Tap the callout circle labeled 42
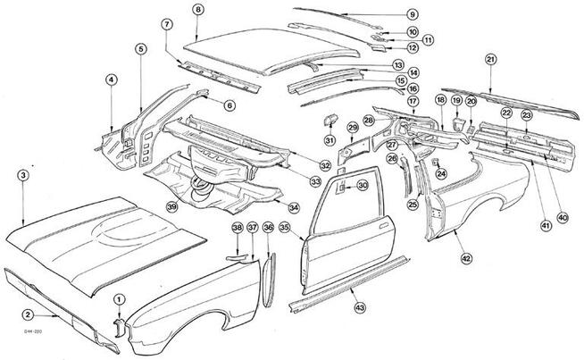click(x=465, y=257)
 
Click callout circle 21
click(x=491, y=59)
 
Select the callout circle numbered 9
click(x=412, y=14)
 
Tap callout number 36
click(x=267, y=229)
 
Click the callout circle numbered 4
click(x=111, y=80)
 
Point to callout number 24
click(x=441, y=173)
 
